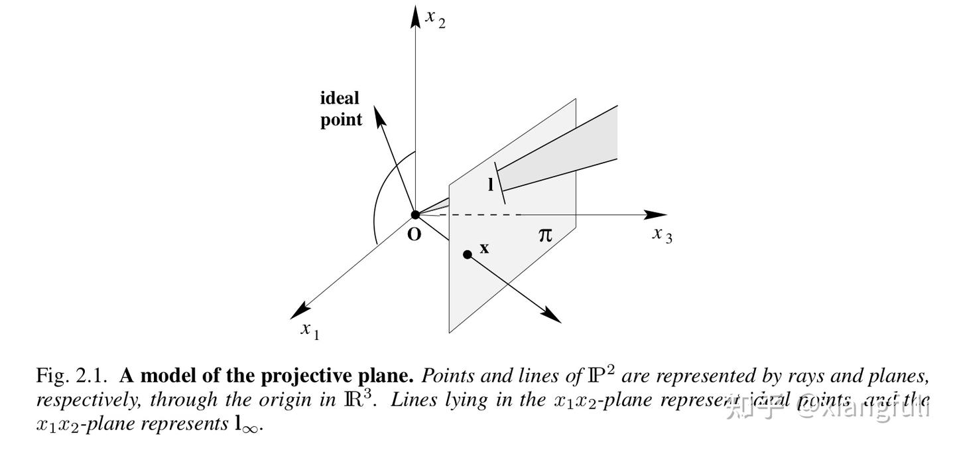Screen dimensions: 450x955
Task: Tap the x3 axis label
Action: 662,234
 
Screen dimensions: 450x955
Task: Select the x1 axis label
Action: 310,330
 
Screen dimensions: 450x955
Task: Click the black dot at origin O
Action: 416,214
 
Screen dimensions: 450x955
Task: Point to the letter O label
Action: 414,234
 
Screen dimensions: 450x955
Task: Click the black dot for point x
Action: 468,254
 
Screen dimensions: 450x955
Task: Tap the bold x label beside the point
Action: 484,248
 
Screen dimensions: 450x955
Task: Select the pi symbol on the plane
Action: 544,234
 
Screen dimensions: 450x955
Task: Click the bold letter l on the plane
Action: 491,185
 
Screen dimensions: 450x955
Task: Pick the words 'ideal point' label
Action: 341,109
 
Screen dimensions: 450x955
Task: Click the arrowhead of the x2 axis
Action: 416,16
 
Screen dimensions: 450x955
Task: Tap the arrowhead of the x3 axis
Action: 657,214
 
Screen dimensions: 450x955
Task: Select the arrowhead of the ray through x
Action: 552,315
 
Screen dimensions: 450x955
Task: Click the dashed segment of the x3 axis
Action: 477,214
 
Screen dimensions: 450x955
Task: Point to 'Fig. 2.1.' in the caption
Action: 72,376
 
